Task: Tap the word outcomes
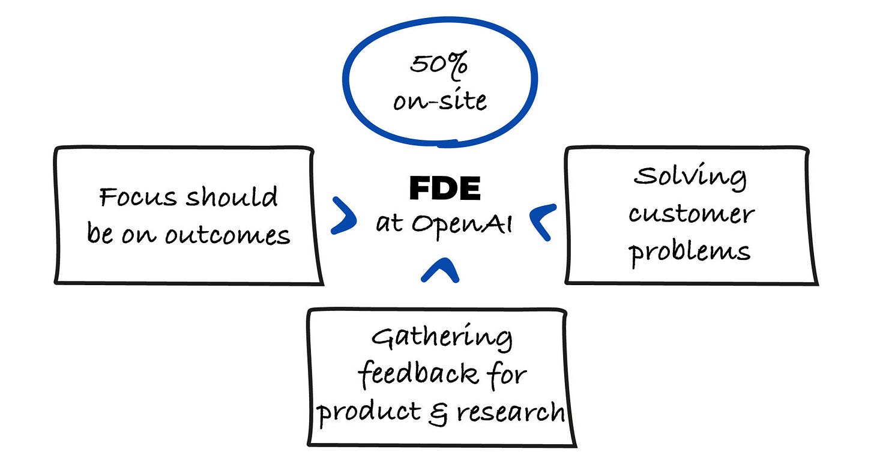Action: pyautogui.click(x=228, y=235)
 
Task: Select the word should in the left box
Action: pyautogui.click(x=232, y=196)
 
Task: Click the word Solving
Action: pyautogui.click(x=690, y=177)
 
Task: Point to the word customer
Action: pyautogui.click(x=692, y=214)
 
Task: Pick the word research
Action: pyautogui.click(x=511, y=412)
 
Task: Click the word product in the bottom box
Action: pyautogui.click(x=368, y=414)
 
